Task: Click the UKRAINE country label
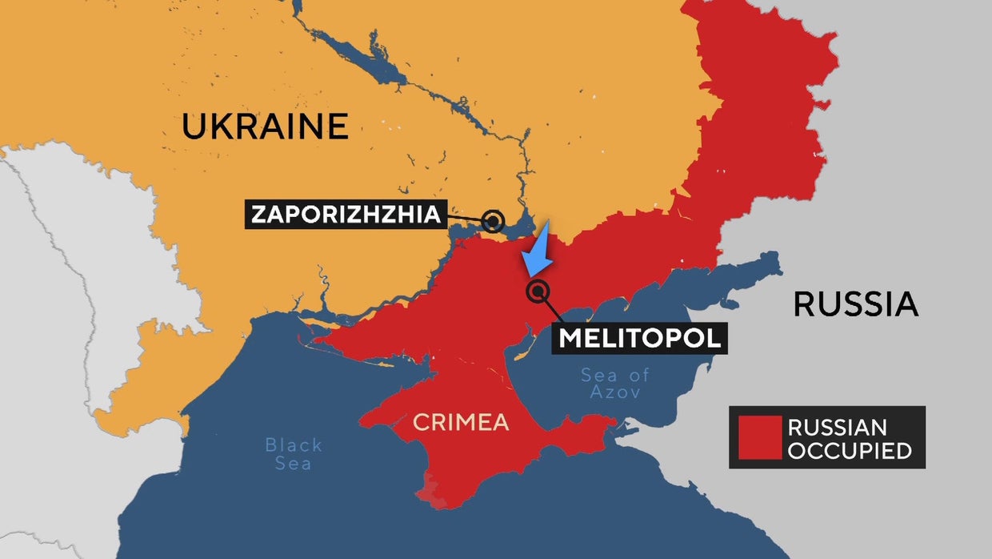(x=265, y=127)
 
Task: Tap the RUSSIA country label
(x=855, y=304)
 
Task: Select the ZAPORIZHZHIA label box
(x=346, y=215)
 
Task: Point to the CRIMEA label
(x=461, y=422)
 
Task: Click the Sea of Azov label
(x=615, y=383)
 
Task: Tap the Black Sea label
(x=294, y=453)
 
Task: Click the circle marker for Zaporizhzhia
(x=494, y=222)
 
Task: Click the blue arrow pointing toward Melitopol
(x=538, y=251)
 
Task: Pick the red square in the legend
(x=759, y=437)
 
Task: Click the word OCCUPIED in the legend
(x=849, y=451)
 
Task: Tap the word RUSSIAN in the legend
(x=837, y=427)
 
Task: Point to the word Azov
(x=615, y=392)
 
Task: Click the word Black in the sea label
(x=294, y=444)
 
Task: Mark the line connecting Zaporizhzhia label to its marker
(x=465, y=218)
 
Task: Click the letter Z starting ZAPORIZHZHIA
(x=258, y=215)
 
